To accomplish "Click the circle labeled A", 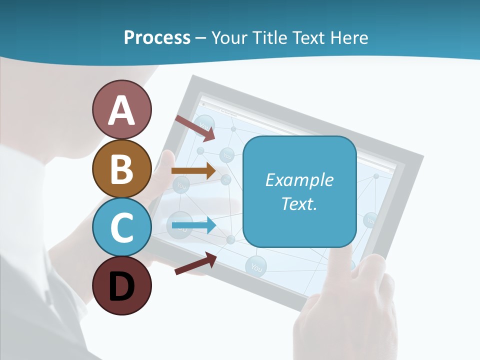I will (x=121, y=109).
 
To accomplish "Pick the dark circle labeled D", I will (x=121, y=285).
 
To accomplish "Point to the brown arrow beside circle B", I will (x=193, y=170).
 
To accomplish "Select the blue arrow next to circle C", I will (x=193, y=225).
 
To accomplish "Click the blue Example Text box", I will (x=299, y=191).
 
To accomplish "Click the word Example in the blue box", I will (x=299, y=179).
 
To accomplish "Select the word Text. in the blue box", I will (x=299, y=203).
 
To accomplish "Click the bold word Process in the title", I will (x=157, y=37).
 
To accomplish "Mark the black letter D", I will (x=121, y=286).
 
